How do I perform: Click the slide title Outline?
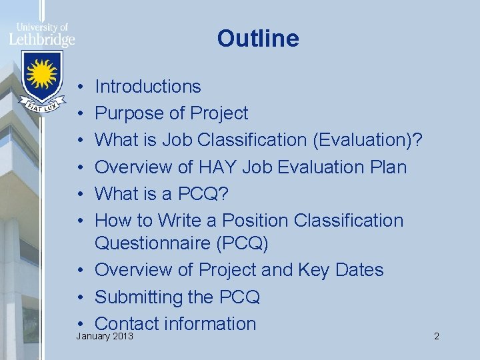[x=258, y=39]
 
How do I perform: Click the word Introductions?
[x=147, y=87]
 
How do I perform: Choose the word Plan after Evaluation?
[x=387, y=167]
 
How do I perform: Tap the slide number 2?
[x=436, y=337]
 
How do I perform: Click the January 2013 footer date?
[x=105, y=337]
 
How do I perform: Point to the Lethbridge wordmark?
[x=42, y=39]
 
